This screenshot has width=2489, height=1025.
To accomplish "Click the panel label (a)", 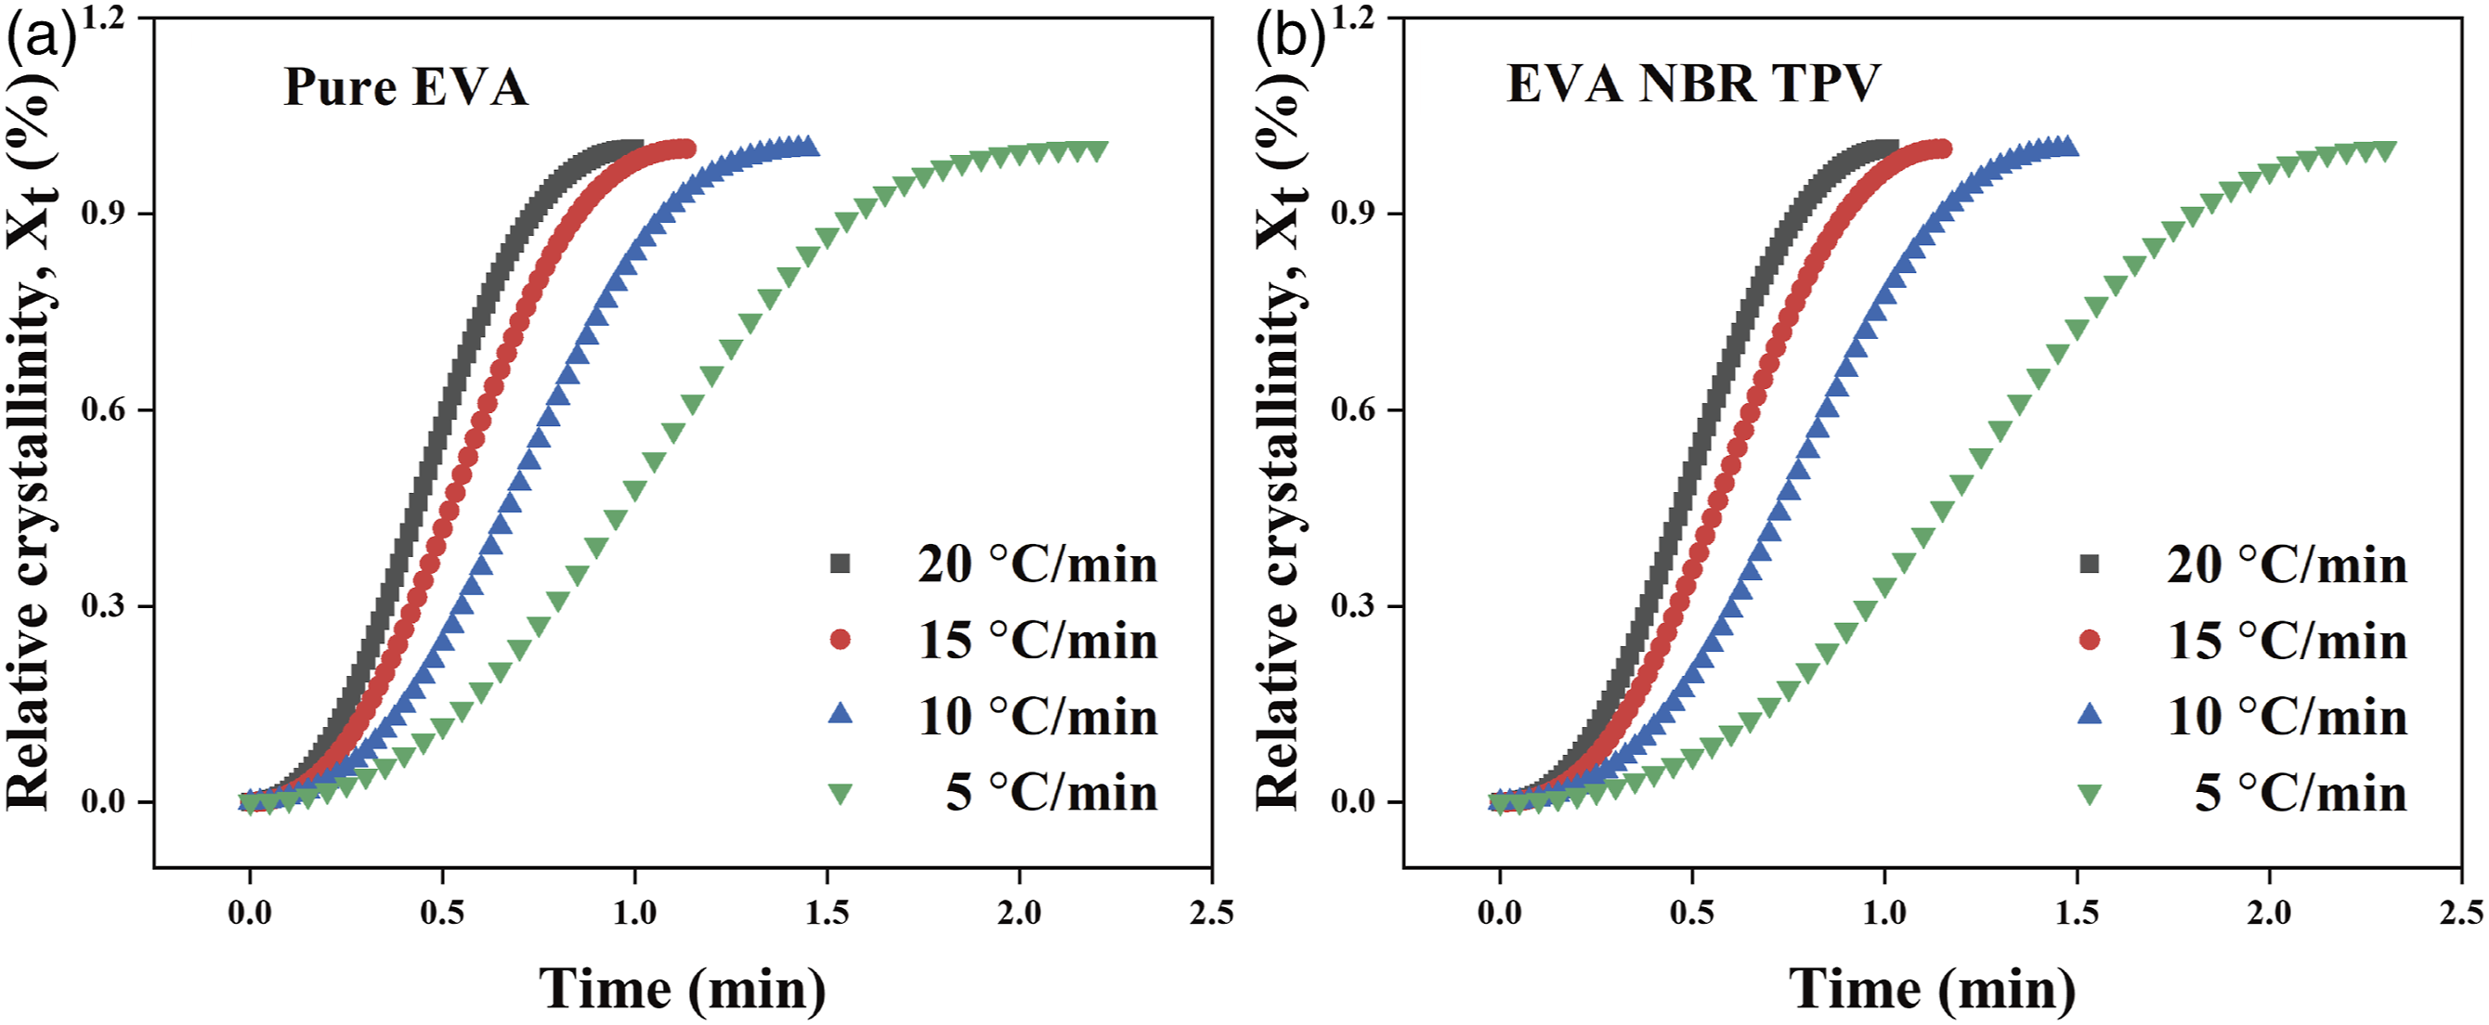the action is [x=41, y=39].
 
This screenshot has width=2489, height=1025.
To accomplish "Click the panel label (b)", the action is [x=1290, y=39].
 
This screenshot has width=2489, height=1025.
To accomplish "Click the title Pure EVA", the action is [x=406, y=87].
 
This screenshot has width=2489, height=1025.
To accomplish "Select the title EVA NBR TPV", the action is [x=1693, y=83].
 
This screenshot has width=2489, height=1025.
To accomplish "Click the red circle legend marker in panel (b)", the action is [x=2089, y=640].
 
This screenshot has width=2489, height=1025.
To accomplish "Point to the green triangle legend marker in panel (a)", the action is [x=841, y=794].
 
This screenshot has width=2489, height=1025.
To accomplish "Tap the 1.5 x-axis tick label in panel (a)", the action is [x=827, y=913].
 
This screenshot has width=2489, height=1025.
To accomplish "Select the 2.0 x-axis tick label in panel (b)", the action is [x=2269, y=913].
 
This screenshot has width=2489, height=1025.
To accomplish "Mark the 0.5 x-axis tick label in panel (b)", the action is [x=1692, y=913].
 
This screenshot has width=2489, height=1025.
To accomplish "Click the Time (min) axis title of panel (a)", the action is [x=683, y=990].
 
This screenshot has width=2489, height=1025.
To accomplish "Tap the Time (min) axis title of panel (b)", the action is [x=1932, y=990].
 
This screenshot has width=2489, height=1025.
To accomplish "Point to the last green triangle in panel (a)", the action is [x=1097, y=151].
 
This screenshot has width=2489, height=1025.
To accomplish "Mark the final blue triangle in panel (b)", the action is [x=2067, y=147].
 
